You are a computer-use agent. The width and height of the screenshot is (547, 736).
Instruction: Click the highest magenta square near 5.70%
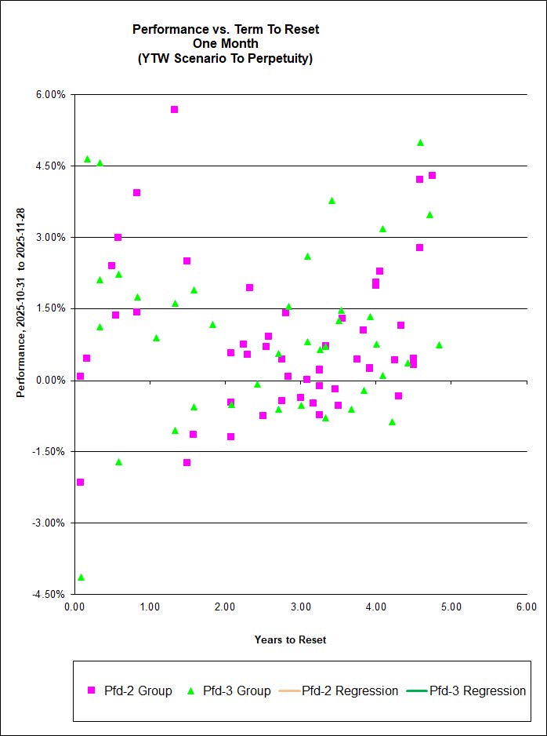(174, 109)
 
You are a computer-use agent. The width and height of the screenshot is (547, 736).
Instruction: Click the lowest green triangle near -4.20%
(81, 578)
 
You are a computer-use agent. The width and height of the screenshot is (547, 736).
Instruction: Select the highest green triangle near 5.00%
(420, 143)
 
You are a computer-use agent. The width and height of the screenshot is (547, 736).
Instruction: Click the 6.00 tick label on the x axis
(527, 607)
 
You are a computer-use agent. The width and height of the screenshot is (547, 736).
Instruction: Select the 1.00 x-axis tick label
(150, 607)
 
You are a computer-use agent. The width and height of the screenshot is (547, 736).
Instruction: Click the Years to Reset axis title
(290, 639)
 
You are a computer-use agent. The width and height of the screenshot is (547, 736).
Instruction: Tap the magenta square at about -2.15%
(80, 482)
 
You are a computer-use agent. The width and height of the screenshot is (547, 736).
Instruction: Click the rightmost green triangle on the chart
(439, 345)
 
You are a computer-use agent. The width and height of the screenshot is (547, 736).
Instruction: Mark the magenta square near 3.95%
(136, 192)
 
